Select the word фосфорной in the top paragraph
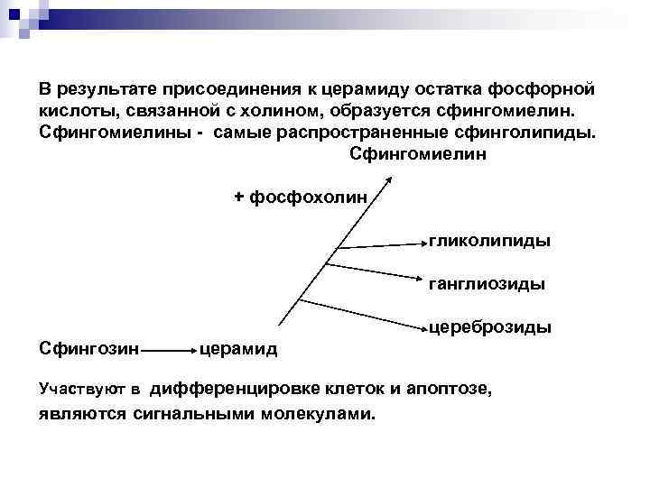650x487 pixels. [548, 90]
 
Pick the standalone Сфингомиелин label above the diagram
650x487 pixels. [417, 154]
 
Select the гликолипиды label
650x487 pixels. [490, 241]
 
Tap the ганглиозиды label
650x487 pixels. [487, 284]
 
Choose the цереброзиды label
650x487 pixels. [490, 326]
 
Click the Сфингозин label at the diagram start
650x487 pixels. [88, 347]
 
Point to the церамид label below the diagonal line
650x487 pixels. [238, 348]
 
